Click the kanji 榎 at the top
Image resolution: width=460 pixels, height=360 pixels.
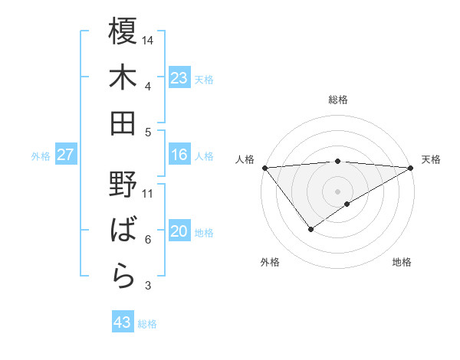123,31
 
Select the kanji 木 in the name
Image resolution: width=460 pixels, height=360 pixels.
123,78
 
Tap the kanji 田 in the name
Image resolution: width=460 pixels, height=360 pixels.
123,123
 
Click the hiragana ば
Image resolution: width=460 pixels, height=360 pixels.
123,231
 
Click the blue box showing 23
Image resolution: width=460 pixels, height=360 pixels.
179,78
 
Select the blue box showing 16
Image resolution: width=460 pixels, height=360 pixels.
179,155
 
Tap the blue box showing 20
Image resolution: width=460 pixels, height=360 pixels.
179,231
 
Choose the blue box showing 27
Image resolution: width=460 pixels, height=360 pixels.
65,155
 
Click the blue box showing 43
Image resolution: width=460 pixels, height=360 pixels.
122,322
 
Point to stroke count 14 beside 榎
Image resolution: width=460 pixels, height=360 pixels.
148,40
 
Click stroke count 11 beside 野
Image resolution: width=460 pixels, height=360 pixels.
148,193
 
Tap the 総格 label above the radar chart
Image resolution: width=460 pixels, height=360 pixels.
337,100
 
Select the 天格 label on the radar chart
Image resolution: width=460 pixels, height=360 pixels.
431,159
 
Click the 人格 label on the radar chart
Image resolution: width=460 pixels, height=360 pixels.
245,159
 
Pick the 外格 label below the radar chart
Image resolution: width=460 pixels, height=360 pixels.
270,262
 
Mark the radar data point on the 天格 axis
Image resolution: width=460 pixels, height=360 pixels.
411,167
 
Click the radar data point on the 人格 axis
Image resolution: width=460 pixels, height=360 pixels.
264,167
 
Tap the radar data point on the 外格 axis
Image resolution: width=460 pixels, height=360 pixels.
310,229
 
